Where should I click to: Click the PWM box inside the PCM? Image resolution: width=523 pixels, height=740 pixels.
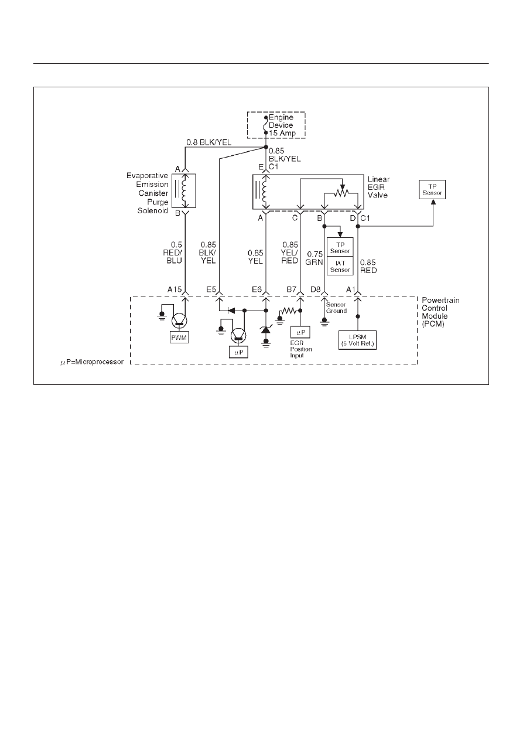[179, 337]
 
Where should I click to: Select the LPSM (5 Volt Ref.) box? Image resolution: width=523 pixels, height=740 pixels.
[357, 340]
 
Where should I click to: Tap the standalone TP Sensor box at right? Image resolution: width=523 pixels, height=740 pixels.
[432, 190]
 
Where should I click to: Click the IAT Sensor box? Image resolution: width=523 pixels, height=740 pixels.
[340, 266]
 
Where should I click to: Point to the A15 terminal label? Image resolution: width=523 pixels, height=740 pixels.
[175, 289]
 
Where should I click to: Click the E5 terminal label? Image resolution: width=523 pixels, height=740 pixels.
[211, 289]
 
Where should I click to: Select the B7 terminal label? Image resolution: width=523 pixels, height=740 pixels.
[291, 289]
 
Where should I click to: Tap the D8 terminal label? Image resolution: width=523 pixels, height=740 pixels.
[315, 289]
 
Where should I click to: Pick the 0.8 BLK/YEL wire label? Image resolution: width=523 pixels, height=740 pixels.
[209, 142]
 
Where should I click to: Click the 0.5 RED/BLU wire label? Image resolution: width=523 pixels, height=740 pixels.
[172, 253]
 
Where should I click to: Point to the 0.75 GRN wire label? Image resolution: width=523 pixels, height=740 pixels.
[315, 258]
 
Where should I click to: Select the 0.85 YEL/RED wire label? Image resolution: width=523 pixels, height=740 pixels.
[290, 253]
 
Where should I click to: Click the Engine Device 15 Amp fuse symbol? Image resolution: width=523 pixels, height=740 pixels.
[266, 125]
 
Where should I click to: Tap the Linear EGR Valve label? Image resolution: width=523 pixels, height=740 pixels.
[378, 187]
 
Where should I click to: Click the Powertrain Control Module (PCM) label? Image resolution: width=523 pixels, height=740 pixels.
[440, 312]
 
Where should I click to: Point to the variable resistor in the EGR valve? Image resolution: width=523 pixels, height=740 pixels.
[341, 193]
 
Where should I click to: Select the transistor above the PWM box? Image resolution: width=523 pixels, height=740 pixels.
[179, 320]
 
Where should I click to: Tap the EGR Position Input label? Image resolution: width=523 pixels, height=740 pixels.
[301, 349]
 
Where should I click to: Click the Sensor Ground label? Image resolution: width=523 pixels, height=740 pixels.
[336, 308]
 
